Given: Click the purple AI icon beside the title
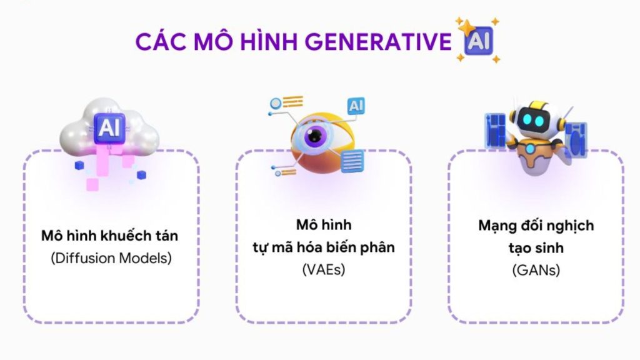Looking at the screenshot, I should point(477,42).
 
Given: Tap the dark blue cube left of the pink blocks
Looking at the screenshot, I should point(79,166).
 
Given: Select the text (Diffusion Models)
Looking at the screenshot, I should point(111,257).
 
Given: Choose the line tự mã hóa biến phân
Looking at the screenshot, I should point(323,247).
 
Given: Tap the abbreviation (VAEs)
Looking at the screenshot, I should point(323,269).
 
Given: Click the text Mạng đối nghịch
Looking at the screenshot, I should point(536,225).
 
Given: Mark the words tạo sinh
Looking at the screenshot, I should point(536,247).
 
